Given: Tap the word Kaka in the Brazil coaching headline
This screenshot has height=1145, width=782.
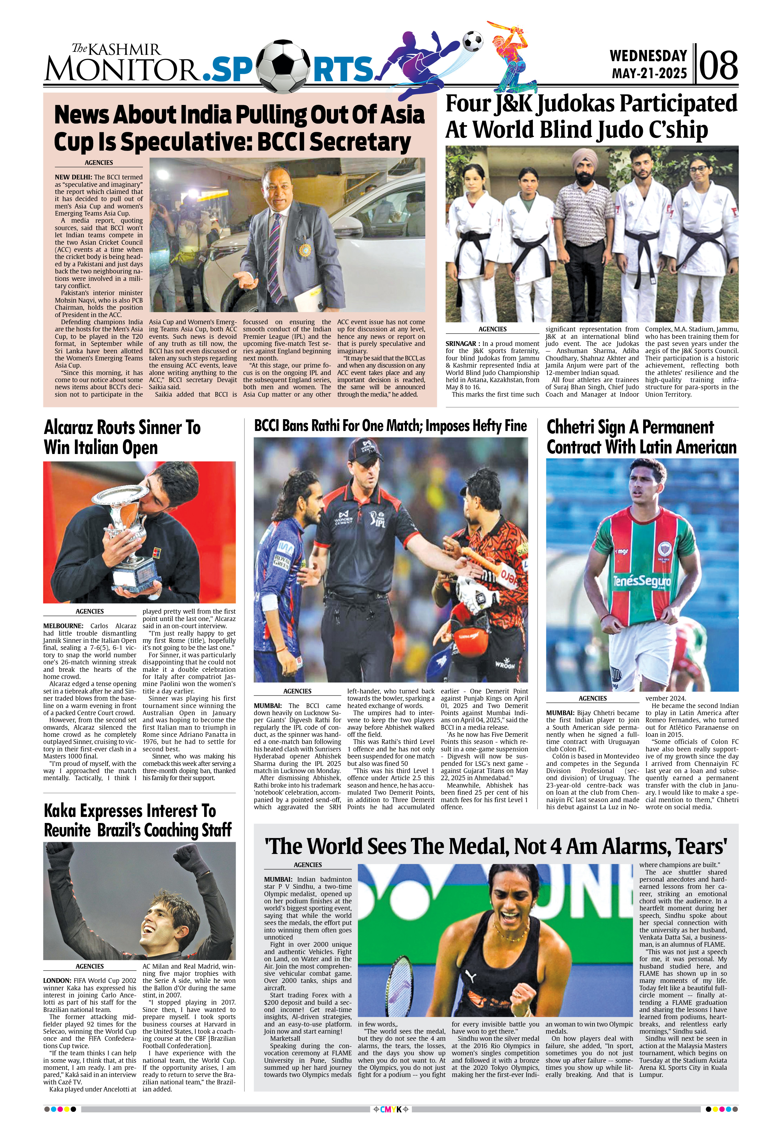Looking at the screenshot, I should (61, 810).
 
